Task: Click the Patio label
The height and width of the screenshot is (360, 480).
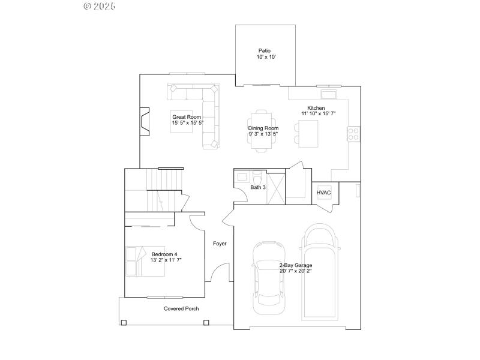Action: [x=265, y=51]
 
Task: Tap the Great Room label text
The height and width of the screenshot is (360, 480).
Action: [x=186, y=117]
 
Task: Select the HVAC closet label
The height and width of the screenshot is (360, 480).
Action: [x=324, y=193]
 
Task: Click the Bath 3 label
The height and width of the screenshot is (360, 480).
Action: [x=258, y=188]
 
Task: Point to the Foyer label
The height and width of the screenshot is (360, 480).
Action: [x=220, y=244]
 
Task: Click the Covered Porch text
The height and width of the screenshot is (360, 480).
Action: [x=181, y=309]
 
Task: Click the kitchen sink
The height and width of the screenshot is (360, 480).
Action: [x=328, y=94]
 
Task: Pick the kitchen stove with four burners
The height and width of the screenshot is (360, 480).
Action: [x=353, y=133]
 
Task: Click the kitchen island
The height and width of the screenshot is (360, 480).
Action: [x=309, y=133]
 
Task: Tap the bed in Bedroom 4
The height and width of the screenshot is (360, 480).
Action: [x=145, y=261]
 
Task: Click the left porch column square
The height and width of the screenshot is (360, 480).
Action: [x=124, y=323]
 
